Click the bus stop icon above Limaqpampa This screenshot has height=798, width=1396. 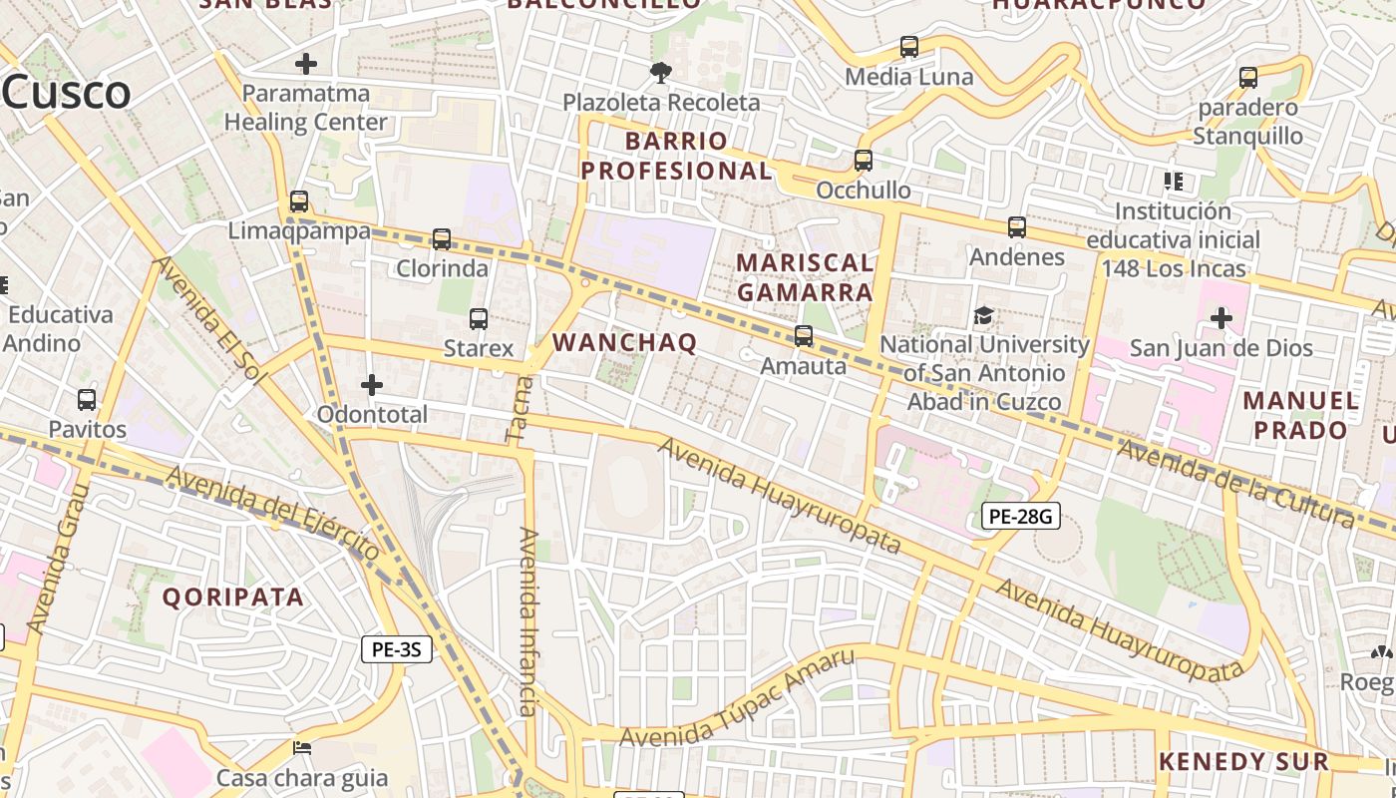(298, 201)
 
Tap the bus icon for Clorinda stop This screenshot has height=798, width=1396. (442, 239)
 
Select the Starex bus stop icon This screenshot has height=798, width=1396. (479, 319)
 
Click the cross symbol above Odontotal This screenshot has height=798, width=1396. (372, 385)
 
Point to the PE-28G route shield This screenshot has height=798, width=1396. (1020, 516)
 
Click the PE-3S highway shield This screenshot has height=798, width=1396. (396, 649)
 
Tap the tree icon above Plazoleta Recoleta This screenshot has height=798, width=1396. (660, 72)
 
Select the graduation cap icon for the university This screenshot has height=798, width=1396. (984, 315)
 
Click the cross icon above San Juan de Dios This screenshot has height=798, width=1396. (1221, 318)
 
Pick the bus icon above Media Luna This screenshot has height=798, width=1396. (909, 47)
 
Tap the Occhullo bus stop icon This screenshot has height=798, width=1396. (864, 160)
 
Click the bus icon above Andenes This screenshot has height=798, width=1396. (1017, 227)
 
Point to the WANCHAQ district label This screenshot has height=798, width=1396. (624, 342)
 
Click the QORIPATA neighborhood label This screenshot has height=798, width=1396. (232, 597)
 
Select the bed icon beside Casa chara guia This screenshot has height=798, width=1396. (302, 748)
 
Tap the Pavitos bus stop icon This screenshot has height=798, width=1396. (87, 400)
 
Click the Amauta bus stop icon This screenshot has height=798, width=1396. (804, 336)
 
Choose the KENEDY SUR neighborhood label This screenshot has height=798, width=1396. (1243, 762)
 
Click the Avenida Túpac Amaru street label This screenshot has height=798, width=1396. (737, 697)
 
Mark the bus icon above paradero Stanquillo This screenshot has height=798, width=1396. (1248, 78)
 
